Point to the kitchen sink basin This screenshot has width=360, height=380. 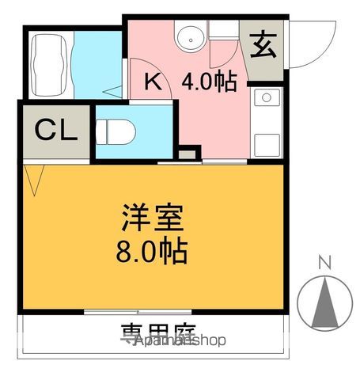tap(267, 99)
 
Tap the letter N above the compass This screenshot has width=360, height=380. tap(324, 262)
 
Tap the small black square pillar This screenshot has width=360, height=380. tap(188, 152)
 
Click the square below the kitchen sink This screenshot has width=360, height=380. tap(267, 143)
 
